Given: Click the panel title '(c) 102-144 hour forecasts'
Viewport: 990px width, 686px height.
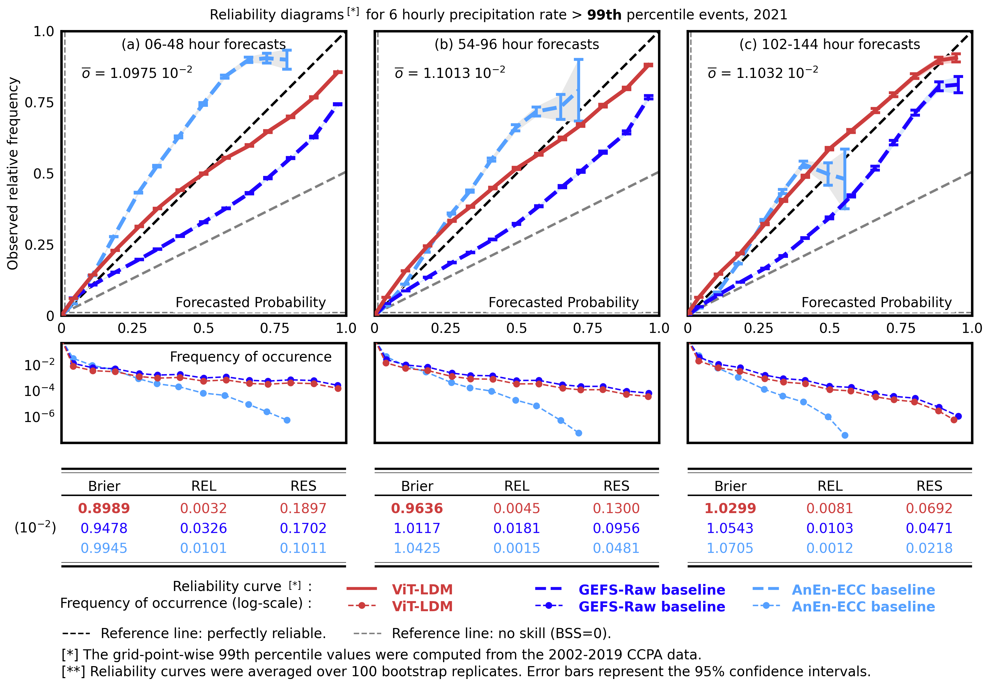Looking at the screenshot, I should (829, 44).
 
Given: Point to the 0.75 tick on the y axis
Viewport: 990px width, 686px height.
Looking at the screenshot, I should (39, 103).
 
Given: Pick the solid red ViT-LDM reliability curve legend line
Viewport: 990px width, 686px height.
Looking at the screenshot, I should (362, 589).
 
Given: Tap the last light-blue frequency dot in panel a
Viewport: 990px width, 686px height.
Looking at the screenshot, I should (287, 420).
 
